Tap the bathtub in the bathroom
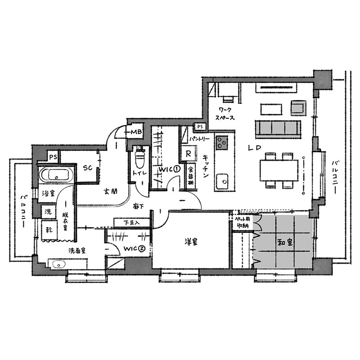[x=56, y=175]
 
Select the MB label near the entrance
[x=136, y=132]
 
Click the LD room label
[x=255, y=148]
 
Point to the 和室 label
[x=285, y=243]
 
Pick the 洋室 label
[x=191, y=242]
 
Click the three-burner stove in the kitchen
[x=221, y=142]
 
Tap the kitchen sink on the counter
[x=222, y=182]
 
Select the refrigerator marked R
[x=188, y=153]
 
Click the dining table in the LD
[x=279, y=170]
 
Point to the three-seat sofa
[x=278, y=128]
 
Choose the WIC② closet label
[x=134, y=248]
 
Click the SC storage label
[x=87, y=168]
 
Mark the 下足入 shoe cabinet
[x=131, y=222]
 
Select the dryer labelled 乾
[x=49, y=230]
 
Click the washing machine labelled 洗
[x=49, y=211]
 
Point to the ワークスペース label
[x=225, y=114]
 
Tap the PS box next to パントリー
[x=200, y=126]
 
